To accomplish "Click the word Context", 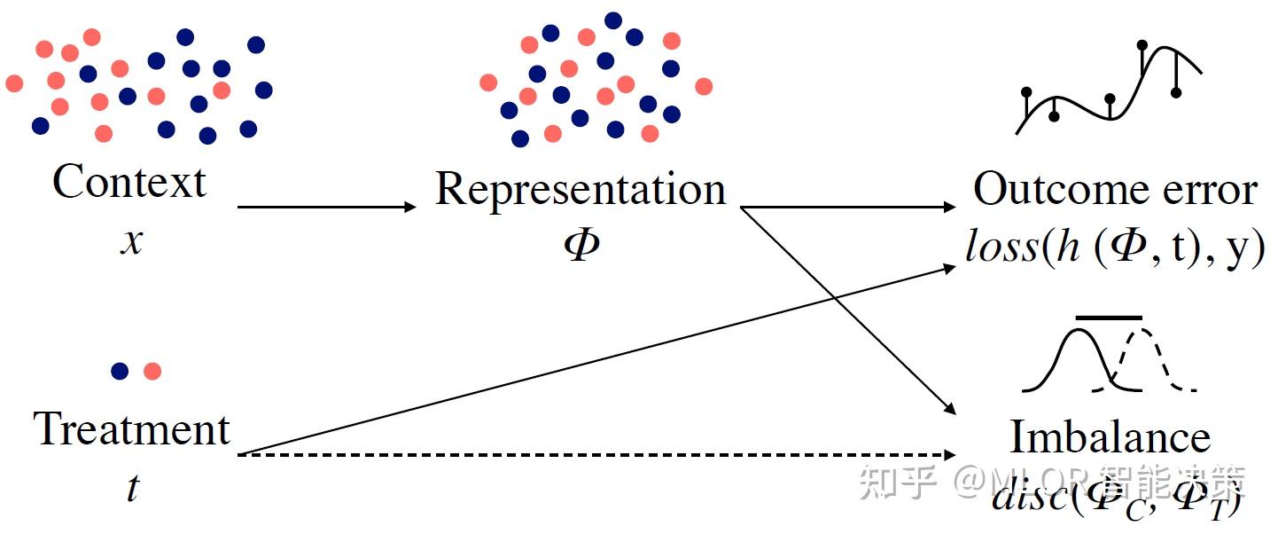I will [x=129, y=183].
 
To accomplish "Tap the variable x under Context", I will [x=131, y=241].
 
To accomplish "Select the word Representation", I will [x=580, y=190].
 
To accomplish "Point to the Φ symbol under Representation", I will [x=581, y=244].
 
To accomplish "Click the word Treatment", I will [x=132, y=429].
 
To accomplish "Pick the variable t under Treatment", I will [x=132, y=488].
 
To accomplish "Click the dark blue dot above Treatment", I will [x=120, y=371].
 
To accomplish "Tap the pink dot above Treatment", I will [x=152, y=371].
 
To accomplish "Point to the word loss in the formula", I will [x=1001, y=249].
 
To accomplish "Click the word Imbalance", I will [x=1110, y=437].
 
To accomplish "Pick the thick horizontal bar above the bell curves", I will [x=1108, y=318].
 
